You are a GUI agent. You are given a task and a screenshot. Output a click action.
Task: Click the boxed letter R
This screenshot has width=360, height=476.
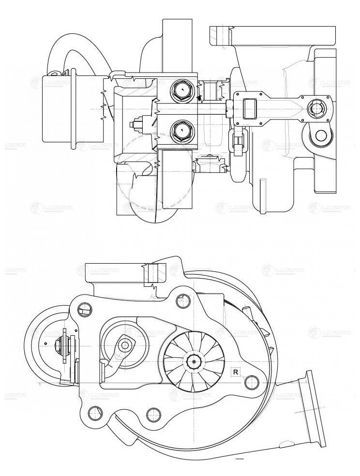[x=235, y=372]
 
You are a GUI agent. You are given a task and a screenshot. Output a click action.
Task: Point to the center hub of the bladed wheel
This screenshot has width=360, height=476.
[x=195, y=360]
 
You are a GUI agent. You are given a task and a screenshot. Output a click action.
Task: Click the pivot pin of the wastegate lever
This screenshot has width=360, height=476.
[x=125, y=345]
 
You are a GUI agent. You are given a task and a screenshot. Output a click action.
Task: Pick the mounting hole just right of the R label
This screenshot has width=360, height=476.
[x=251, y=382]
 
